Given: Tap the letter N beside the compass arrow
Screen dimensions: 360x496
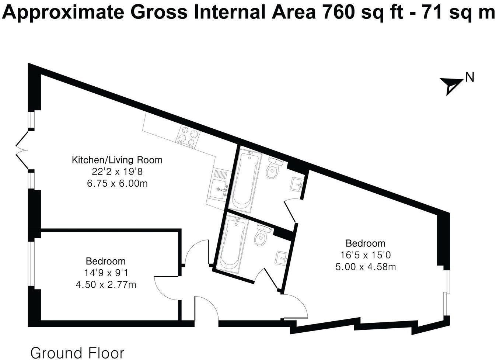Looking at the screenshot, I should pos(469,77).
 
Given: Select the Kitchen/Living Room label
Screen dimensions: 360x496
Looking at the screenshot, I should pos(117,160).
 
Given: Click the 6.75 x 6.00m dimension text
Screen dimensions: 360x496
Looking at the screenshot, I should pos(117,183).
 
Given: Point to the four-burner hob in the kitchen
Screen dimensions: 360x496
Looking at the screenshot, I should pos(188,136).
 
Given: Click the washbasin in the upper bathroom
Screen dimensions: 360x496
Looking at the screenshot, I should pos(297,183).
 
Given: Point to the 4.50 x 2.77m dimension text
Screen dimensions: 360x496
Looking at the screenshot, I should pos(106,285).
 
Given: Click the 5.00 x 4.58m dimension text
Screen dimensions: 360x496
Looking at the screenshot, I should pos(366,267).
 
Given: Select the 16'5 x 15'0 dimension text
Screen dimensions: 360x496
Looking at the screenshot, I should pos(366,255).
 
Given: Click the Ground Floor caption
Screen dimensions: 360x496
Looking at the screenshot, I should pos(77,353).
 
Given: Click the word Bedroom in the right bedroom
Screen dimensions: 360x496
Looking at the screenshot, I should pos(366,243).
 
